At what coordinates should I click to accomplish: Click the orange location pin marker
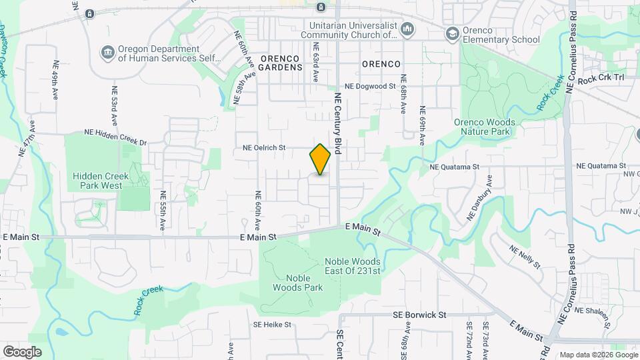click(x=320, y=159)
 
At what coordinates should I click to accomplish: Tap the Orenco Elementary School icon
click(x=453, y=33)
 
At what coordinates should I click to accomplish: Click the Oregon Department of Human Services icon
click(x=107, y=53)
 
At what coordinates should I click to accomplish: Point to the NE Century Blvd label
click(x=337, y=124)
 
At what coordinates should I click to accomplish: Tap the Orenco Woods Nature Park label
click(x=484, y=127)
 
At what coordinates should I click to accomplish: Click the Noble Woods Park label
click(x=298, y=283)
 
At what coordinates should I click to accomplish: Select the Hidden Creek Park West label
click(x=97, y=181)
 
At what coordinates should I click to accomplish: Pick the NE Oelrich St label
click(x=264, y=147)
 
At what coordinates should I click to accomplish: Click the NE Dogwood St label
click(x=370, y=87)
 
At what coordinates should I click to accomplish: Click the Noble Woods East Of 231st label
click(x=352, y=266)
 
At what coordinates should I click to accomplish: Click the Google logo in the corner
click(x=22, y=351)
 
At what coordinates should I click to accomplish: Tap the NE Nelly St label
click(x=525, y=257)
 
